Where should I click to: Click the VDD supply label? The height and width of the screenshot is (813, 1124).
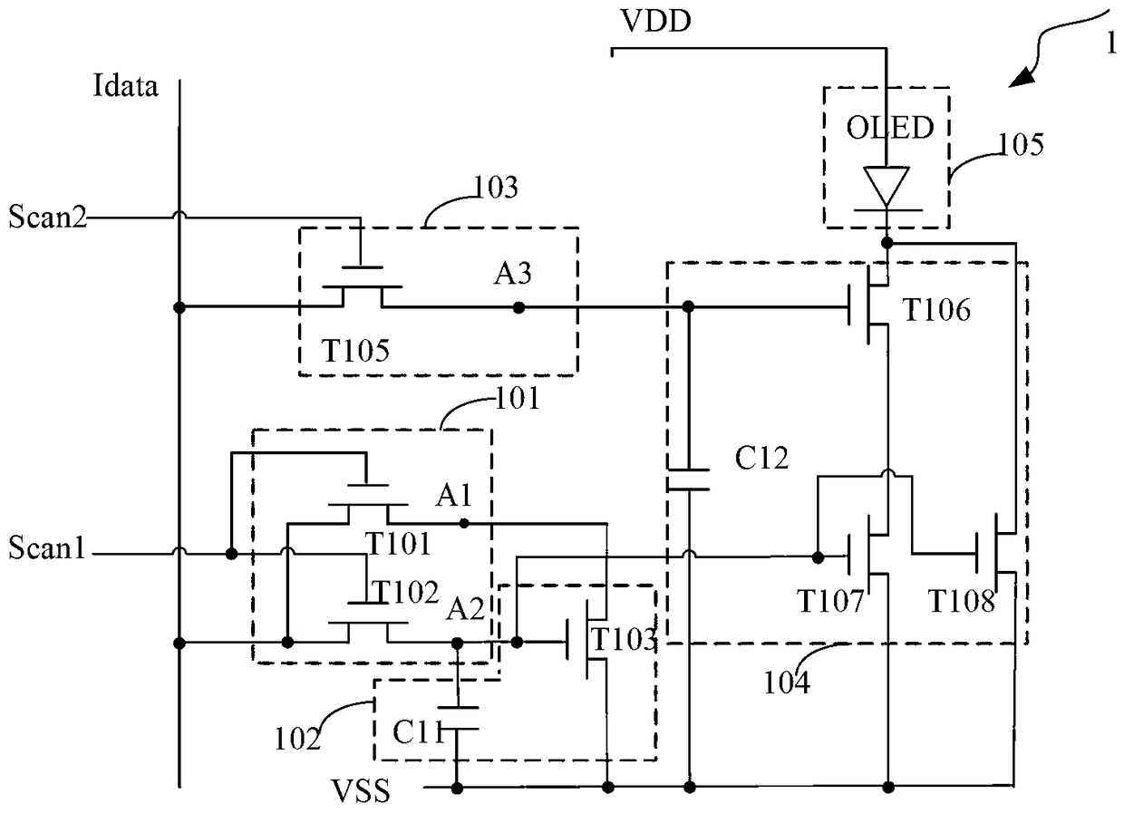tap(656, 21)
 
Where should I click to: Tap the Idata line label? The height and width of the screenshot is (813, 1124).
tap(125, 86)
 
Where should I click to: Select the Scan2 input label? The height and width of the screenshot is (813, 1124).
tap(48, 217)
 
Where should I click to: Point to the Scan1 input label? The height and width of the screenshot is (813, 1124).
tap(46, 547)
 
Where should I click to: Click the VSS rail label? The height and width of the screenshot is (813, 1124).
tap(360, 791)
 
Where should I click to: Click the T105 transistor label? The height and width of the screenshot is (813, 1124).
tap(355, 350)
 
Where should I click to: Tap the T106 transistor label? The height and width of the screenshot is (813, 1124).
tap(936, 310)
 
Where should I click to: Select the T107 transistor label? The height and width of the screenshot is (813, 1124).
tap(830, 601)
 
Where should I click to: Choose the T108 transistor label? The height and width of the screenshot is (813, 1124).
tap(962, 601)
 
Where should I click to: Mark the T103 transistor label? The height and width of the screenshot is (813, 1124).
tap(624, 639)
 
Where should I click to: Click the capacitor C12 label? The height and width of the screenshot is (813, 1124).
tap(761, 458)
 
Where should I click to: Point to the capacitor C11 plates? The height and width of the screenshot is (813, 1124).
tap(457, 718)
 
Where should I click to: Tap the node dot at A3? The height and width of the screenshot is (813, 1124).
tap(518, 307)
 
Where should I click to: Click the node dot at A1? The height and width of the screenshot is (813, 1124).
tap(464, 524)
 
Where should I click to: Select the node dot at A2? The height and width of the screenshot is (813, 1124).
tap(457, 643)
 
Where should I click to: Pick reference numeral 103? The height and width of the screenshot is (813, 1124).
tap(496, 187)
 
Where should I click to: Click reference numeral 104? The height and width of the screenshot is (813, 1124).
tap(786, 682)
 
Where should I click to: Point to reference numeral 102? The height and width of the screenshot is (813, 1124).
tap(297, 740)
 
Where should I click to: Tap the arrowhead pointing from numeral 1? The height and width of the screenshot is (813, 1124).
tap(1022, 79)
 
